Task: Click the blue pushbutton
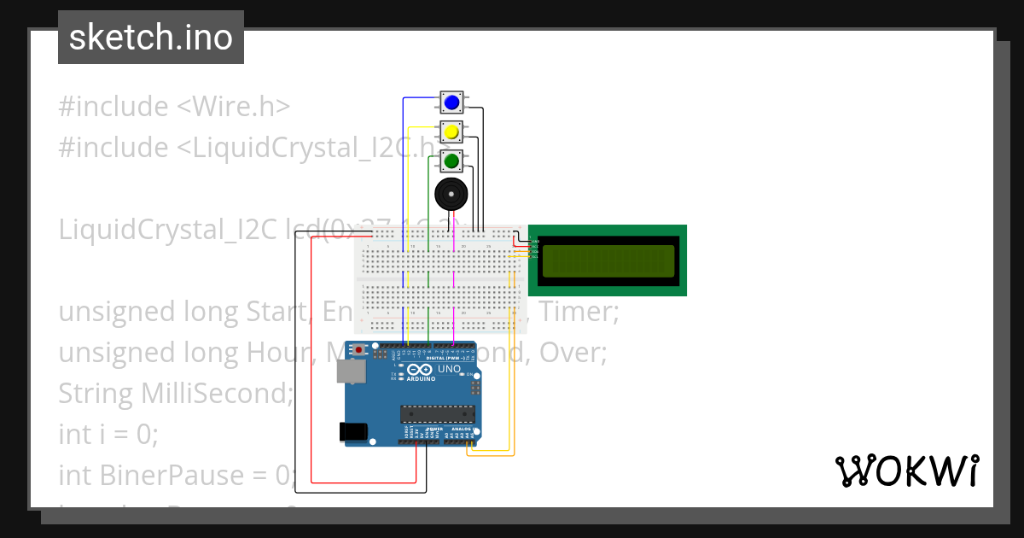click(x=451, y=103)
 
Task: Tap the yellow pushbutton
click(x=451, y=132)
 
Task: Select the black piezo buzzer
click(x=451, y=194)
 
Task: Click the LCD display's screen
click(x=608, y=260)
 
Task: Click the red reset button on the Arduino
click(x=360, y=349)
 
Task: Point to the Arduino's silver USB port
click(x=349, y=371)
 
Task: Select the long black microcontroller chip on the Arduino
click(x=438, y=415)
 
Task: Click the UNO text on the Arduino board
click(x=450, y=370)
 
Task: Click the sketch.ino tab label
click(x=151, y=38)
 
